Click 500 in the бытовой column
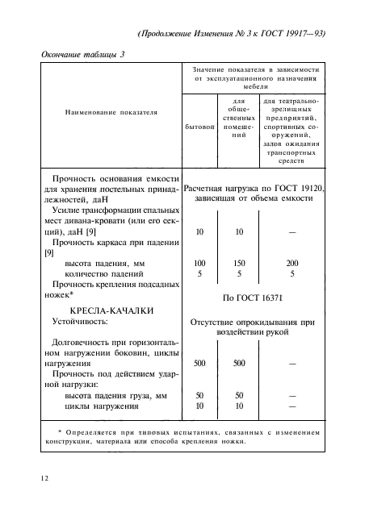coord(199,364)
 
